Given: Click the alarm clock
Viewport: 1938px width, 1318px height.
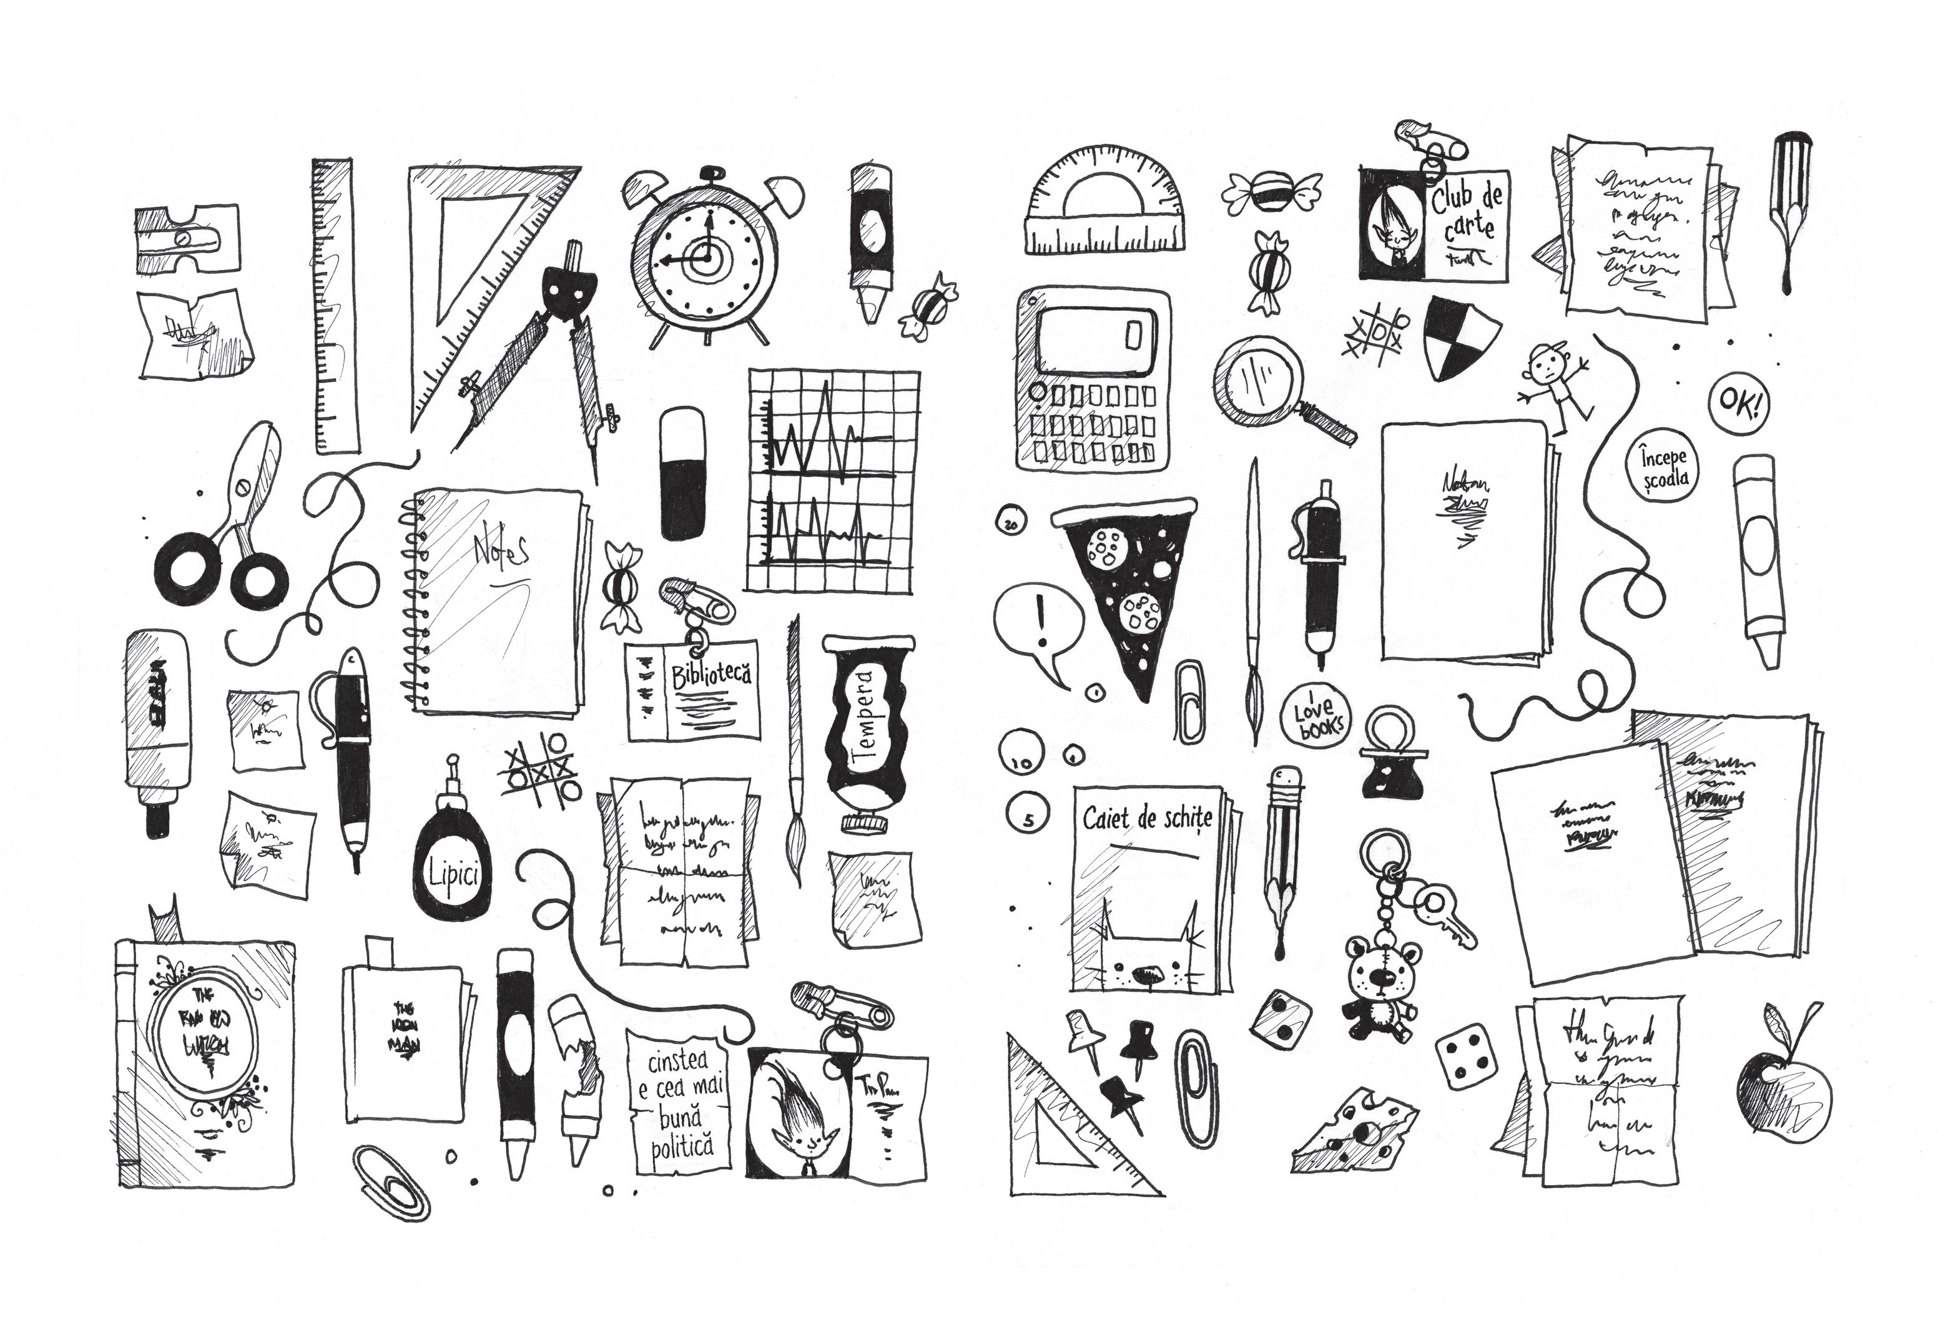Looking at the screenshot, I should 707,258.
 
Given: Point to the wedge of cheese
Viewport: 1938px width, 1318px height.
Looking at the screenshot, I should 1355,1130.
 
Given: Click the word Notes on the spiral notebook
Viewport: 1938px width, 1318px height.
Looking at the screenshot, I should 500,551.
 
